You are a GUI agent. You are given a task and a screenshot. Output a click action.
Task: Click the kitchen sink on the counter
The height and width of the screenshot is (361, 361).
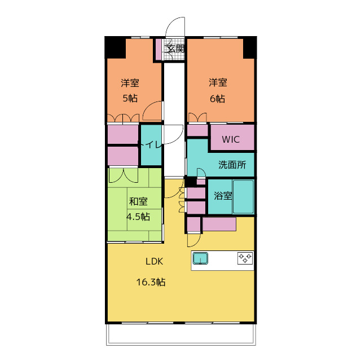coord(200,258)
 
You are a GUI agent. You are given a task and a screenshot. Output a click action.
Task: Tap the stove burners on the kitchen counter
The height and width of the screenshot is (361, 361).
coord(245,258)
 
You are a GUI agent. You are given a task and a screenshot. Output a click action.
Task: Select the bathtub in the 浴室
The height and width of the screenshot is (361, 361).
coord(244,196)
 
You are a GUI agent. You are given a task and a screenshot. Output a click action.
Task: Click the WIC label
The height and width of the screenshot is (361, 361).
coord(230,139)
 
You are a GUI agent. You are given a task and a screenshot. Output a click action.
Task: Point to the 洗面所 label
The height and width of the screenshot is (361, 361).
coord(232,165)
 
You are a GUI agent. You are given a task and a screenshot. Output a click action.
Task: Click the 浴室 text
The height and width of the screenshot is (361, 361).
coord(222,196)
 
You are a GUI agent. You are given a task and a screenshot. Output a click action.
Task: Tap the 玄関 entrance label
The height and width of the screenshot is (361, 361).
coord(175,49)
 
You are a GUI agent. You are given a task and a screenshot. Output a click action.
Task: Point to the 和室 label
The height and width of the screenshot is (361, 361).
coord(138,201)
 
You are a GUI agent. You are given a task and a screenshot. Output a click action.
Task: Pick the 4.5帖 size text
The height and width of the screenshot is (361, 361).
coord(138,216)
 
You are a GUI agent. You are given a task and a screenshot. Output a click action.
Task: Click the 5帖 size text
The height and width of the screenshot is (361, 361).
coord(130,98)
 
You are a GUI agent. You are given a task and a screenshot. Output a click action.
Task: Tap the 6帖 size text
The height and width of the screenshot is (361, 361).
coord(218,98)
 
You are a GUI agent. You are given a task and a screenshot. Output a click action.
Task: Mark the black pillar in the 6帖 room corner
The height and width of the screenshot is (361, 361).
coord(249,47)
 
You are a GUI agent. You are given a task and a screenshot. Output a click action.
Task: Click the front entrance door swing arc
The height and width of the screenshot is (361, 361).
coord(176,27)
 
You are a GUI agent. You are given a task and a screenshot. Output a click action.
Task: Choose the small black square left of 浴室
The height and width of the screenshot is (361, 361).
coord(191,182)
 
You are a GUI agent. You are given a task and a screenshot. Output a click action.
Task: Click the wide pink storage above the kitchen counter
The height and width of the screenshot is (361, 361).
coord(219,224)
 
